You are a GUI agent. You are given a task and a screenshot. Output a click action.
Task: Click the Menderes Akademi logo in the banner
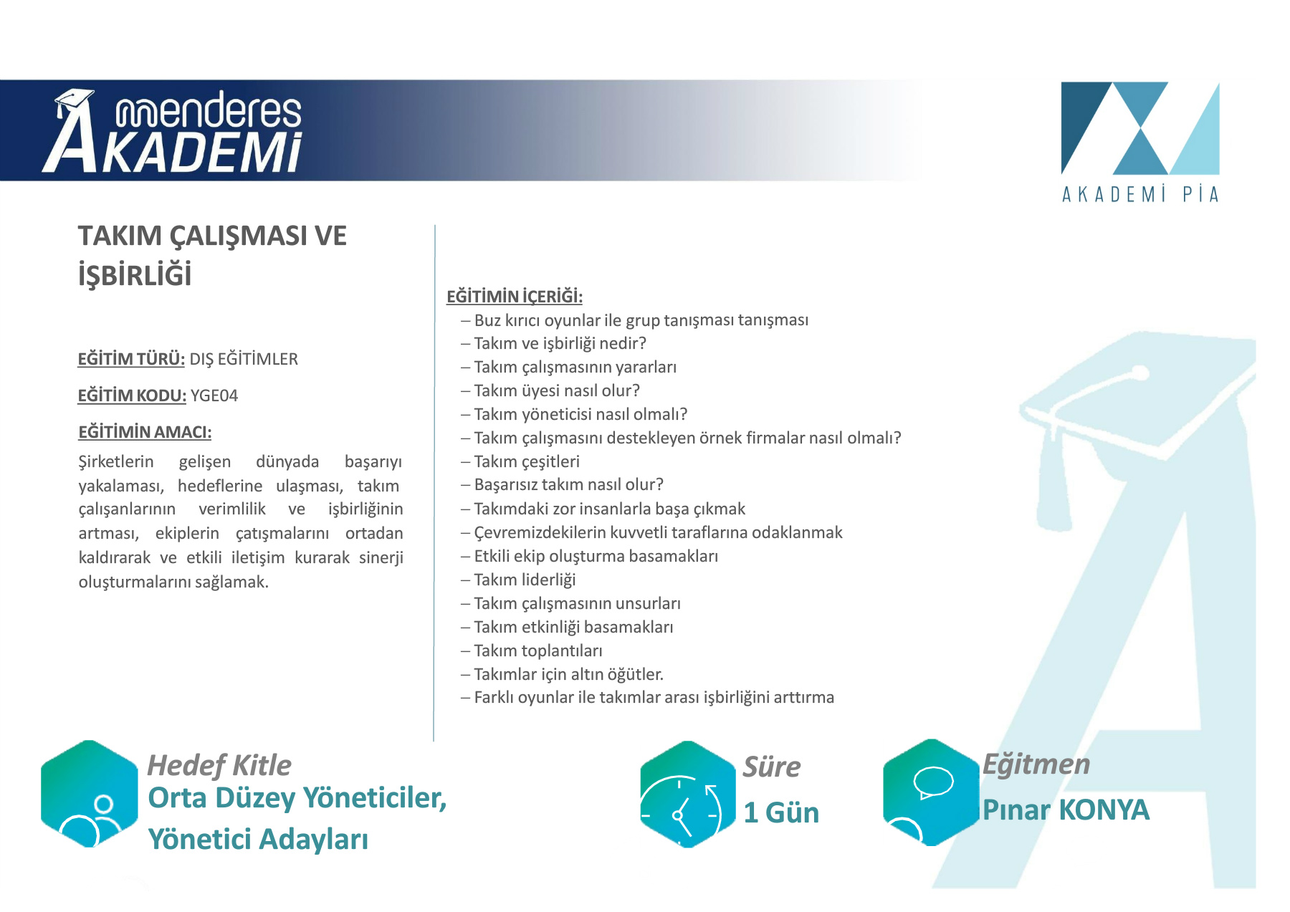tap(173, 131)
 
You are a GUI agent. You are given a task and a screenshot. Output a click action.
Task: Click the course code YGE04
tap(214, 395)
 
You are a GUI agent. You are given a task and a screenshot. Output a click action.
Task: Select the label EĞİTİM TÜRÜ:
tap(131, 359)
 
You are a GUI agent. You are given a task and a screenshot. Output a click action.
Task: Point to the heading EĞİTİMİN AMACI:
tap(145, 432)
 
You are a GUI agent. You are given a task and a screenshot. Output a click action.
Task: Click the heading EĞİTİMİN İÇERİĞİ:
tap(515, 296)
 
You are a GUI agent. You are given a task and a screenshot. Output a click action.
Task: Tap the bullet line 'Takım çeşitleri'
tap(520, 461)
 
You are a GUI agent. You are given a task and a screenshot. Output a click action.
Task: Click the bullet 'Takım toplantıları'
tap(532, 651)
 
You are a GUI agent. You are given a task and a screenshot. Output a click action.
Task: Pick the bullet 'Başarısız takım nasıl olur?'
tap(563, 484)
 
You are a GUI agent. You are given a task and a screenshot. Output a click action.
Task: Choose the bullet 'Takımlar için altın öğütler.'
tap(563, 674)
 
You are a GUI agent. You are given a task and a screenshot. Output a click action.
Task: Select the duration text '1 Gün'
tap(781, 812)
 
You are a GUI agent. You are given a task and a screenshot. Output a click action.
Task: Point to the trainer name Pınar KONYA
tap(1066, 810)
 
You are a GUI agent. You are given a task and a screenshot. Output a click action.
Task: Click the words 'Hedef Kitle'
tap(219, 765)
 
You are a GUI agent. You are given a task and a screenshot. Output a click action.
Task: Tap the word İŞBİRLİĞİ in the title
tap(135, 275)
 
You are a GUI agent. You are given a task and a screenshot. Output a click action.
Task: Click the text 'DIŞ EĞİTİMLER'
tap(244, 359)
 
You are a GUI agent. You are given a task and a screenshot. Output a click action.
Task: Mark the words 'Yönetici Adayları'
tap(258, 839)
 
